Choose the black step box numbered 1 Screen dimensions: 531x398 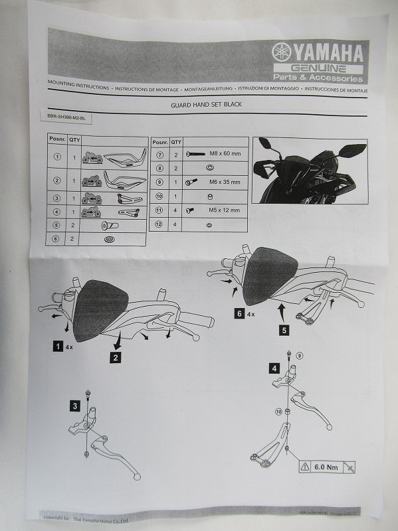58,346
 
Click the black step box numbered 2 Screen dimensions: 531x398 116,357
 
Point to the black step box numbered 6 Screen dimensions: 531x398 238,315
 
